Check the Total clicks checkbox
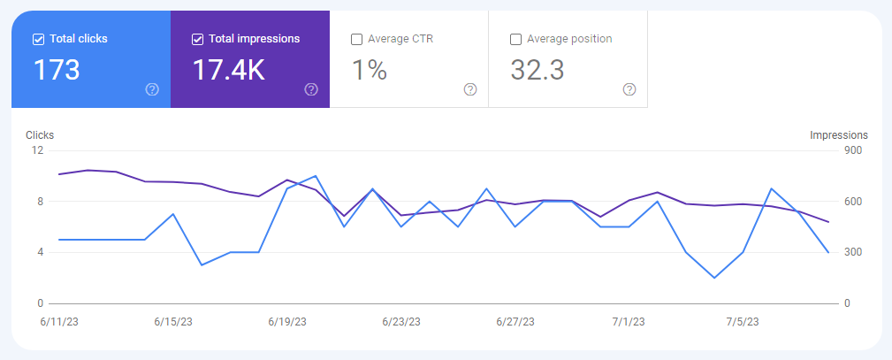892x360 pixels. tap(38, 39)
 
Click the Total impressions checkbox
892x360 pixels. tap(197, 39)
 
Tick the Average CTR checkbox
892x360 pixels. tap(356, 39)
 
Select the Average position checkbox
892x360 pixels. tap(515, 39)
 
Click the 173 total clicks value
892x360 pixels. tap(57, 70)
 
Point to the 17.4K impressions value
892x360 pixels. tap(228, 70)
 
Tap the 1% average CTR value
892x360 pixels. tap(370, 70)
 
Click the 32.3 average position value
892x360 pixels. tap(537, 70)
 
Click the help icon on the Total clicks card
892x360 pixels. tap(152, 89)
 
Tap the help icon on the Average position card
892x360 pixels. tap(629, 89)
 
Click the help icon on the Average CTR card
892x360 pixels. tap(470, 89)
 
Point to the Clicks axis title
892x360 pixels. tap(40, 135)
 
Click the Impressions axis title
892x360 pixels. tap(839, 135)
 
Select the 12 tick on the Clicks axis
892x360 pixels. tap(37, 150)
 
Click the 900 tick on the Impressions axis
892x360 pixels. tap(854, 150)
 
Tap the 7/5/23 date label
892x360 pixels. tap(743, 321)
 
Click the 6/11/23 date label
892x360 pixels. tap(58, 321)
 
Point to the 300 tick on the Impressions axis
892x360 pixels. tap(854, 252)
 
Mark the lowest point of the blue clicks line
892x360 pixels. tap(714, 278)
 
